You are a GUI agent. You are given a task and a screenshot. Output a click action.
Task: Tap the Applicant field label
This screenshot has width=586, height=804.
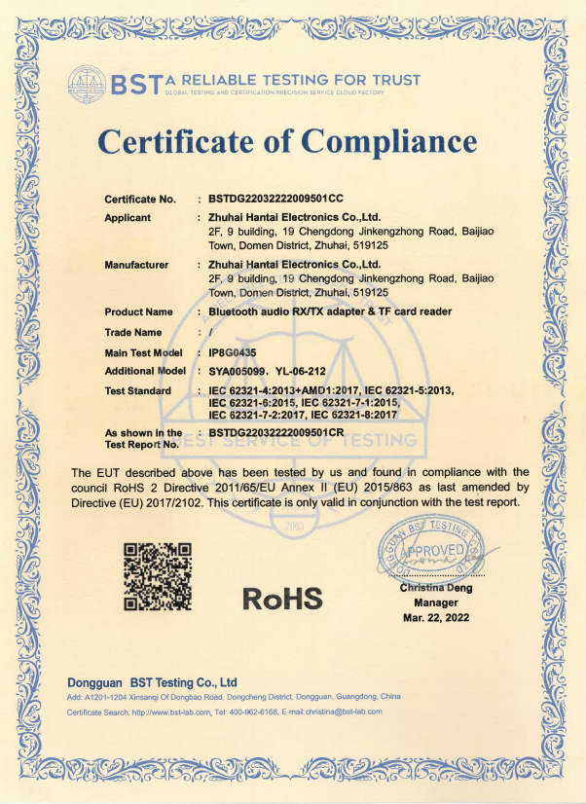[x=128, y=217]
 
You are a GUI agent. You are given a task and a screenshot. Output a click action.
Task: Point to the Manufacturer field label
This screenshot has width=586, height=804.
[x=136, y=264]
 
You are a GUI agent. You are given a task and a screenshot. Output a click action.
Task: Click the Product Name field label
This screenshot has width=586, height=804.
[x=139, y=311]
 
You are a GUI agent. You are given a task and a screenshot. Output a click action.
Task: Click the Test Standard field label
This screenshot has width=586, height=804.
[x=138, y=390]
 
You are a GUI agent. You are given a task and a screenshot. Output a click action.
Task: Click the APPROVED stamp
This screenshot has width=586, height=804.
[x=434, y=551]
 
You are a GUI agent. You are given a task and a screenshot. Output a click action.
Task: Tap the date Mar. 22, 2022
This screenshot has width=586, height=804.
[x=435, y=618]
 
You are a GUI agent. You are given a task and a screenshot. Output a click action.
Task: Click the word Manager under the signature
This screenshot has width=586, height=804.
[x=435, y=603]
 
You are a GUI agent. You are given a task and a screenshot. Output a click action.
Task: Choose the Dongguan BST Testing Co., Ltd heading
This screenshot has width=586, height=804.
[x=153, y=682]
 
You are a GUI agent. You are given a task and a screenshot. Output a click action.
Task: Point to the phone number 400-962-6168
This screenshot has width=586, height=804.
[x=258, y=713]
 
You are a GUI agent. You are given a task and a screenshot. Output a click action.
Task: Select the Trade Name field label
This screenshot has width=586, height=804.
[x=133, y=332]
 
